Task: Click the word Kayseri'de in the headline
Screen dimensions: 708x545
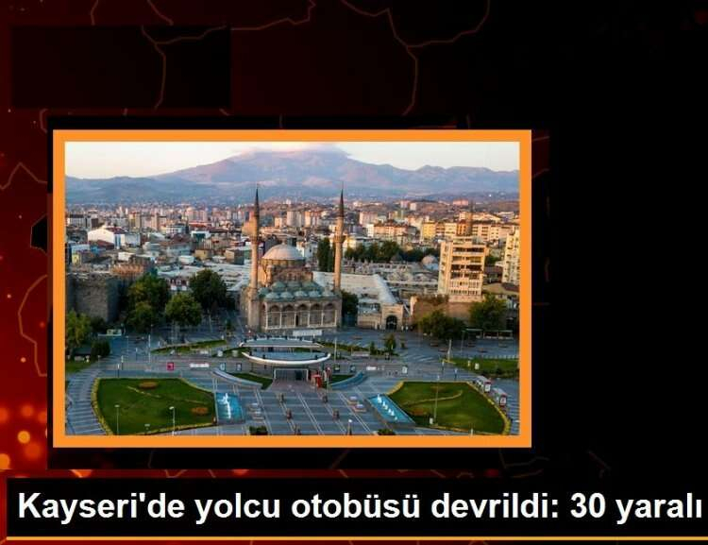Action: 102,506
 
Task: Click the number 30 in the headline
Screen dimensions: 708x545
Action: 588,506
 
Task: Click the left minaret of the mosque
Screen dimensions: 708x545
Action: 256,239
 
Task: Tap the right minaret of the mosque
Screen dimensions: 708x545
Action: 340,241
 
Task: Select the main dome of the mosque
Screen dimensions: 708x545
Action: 283,252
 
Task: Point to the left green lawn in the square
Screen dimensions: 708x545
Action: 155,403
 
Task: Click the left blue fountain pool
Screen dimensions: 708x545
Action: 229,405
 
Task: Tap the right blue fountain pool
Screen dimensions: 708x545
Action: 390,409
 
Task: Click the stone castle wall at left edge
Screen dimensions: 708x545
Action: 94,296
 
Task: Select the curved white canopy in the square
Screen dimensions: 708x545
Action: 285,358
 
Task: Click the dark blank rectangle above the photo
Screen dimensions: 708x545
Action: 121,67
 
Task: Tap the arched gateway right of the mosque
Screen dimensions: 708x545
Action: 392,322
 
